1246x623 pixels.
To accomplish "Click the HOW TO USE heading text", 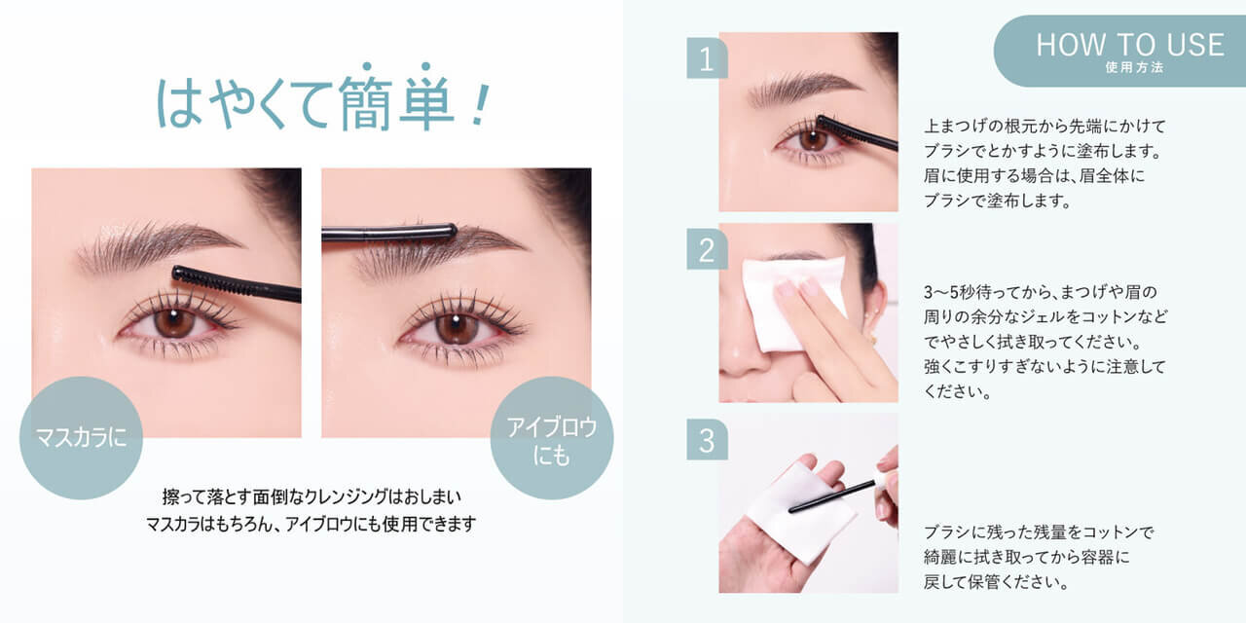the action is click(x=1130, y=45).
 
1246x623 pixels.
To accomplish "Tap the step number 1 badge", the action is click(x=707, y=57).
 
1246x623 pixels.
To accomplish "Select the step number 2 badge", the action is click(x=707, y=249).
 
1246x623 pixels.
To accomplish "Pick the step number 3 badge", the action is click(x=707, y=439).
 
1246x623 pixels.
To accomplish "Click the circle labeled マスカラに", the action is click(x=81, y=438).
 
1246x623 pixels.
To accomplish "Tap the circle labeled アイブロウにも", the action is click(x=552, y=438).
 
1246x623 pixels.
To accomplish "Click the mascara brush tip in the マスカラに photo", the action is click(x=178, y=274).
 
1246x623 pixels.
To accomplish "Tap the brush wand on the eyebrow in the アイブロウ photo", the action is click(x=389, y=232).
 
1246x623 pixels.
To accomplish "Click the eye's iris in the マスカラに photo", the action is click(x=174, y=322).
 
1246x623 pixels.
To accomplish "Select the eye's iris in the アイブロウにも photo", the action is click(x=457, y=328).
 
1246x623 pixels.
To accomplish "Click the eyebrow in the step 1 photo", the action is click(x=804, y=88).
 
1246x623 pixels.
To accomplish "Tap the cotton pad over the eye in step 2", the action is click(x=792, y=303).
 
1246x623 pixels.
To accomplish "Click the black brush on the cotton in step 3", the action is click(x=832, y=496).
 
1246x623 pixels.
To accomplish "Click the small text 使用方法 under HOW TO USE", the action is click(x=1134, y=67).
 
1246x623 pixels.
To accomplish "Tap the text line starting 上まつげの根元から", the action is click(x=1044, y=127).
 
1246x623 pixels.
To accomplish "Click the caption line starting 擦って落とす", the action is click(x=311, y=496).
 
